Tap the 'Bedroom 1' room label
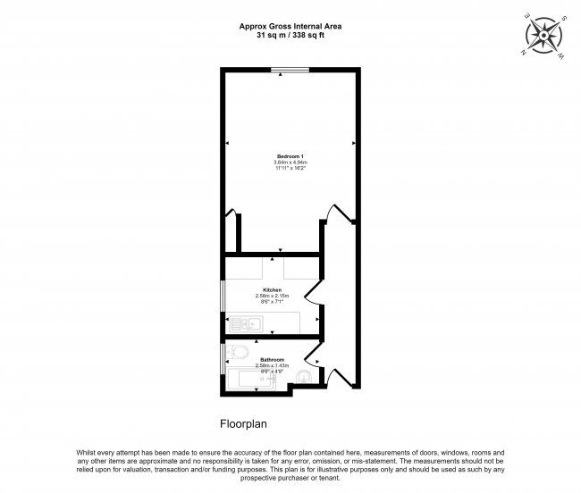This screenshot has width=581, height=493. click(290, 156)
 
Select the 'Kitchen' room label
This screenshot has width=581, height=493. click(273, 290)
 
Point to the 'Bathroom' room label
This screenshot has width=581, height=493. click(272, 359)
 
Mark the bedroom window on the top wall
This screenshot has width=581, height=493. click(290, 71)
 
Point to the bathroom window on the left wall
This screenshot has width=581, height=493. click(223, 357)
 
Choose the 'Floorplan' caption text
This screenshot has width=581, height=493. click(244, 425)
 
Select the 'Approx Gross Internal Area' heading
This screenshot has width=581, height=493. click(290, 26)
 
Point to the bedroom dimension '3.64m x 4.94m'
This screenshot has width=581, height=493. click(290, 163)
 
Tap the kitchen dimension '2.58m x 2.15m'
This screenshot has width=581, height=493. click(273, 297)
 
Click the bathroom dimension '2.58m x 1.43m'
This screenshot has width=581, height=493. click(272, 365)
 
